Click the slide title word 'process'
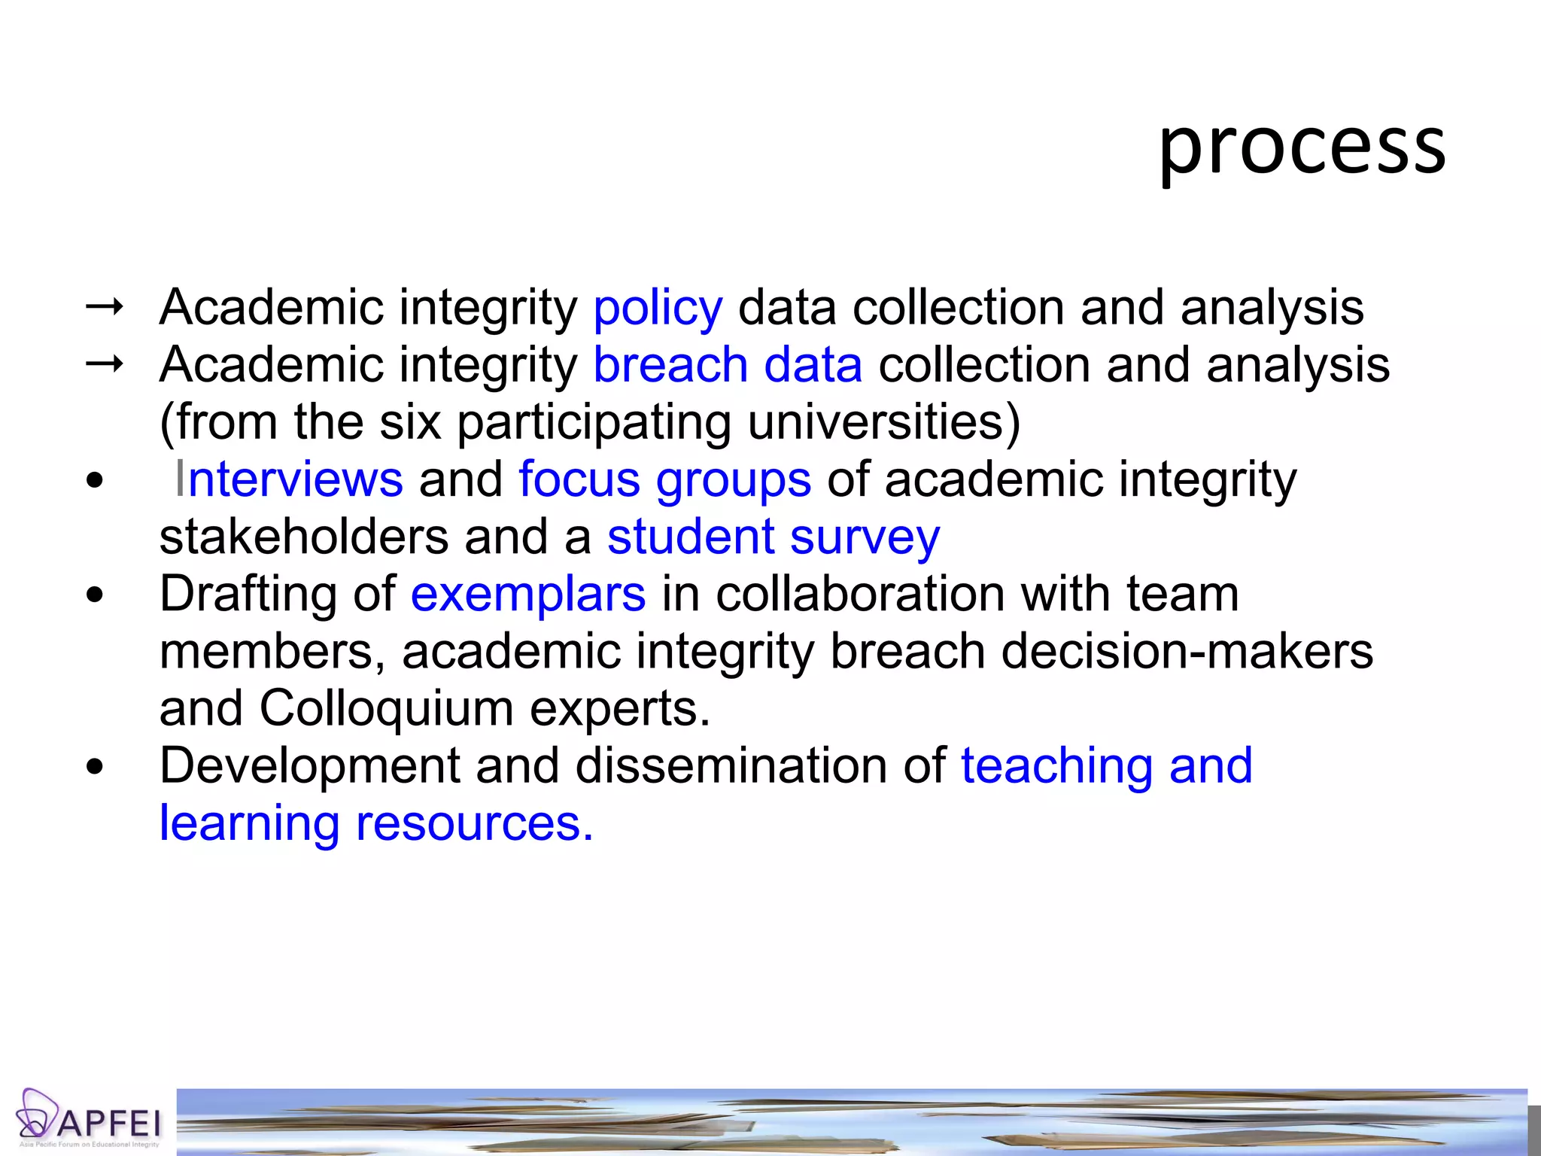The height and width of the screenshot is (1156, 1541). coord(1301,147)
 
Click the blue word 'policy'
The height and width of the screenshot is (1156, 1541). coord(658,308)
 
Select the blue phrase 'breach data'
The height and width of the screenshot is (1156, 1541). coord(728,365)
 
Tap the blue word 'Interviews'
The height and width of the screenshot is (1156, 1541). coord(289,479)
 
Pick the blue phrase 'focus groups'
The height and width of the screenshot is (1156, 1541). coord(665,479)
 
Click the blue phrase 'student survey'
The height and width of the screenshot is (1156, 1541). coord(774,537)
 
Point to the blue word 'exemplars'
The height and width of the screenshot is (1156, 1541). coord(527,595)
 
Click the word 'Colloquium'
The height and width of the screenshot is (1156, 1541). coord(387,708)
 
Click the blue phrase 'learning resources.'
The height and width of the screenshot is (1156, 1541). coord(376,823)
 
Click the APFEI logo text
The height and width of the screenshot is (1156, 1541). coord(109,1124)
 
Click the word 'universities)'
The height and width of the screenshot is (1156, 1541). coord(884,422)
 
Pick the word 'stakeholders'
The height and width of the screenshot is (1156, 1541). coord(304,537)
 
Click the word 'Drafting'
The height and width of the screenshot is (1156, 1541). coord(248,595)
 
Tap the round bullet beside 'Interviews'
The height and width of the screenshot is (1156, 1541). coord(95,481)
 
